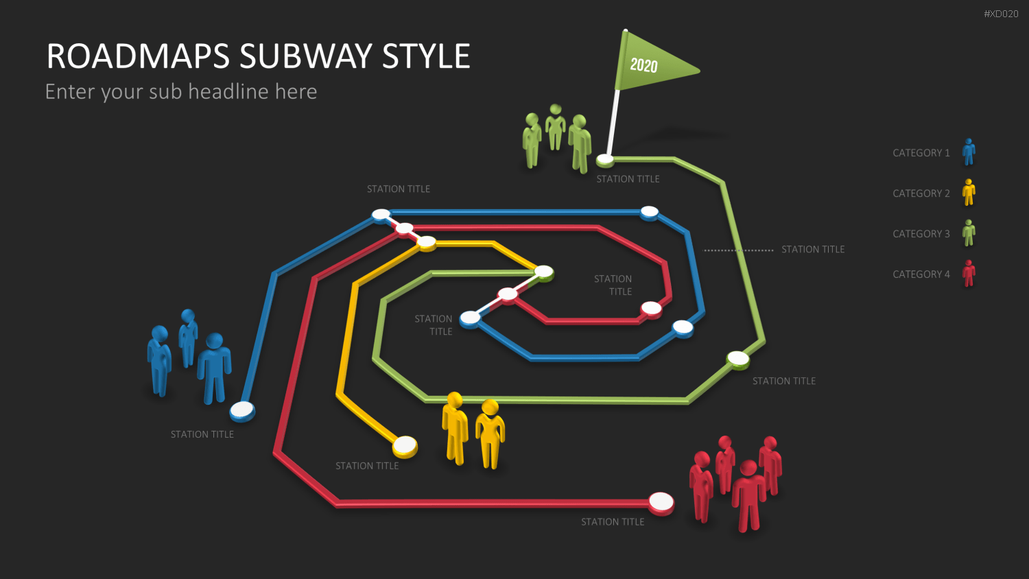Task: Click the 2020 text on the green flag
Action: [643, 65]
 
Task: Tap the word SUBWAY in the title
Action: [305, 56]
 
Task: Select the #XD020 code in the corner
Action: [1001, 14]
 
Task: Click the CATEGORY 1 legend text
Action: [921, 153]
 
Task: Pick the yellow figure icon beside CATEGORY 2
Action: [969, 192]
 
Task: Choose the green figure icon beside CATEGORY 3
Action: [969, 233]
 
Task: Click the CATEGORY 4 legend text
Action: [921, 274]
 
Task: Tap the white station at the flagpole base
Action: [605, 160]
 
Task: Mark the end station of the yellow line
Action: [405, 446]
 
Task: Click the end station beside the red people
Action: [661, 503]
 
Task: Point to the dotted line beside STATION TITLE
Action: [739, 250]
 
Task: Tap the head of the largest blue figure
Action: [215, 342]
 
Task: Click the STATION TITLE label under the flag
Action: [628, 179]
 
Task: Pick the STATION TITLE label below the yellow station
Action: [367, 466]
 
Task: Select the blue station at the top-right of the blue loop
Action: [649, 213]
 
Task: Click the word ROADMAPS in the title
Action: [138, 56]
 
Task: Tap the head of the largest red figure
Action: [748, 469]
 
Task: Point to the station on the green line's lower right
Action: [737, 359]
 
